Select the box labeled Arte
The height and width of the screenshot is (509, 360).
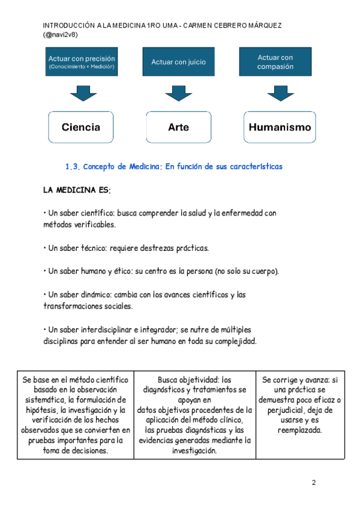coord(178,127)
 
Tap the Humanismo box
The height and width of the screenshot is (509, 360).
coord(280,127)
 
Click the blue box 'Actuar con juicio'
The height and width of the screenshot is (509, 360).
coord(178,62)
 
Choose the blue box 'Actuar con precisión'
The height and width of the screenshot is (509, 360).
coord(82,62)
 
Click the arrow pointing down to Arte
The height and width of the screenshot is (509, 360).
coord(178,93)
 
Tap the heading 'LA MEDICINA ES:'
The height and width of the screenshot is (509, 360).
coord(77,190)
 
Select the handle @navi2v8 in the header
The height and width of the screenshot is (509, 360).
coord(61,35)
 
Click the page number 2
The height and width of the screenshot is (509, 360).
coord(313,483)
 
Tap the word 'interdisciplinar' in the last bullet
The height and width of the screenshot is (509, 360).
coord(101,330)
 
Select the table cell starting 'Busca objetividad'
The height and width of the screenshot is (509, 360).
coord(194,415)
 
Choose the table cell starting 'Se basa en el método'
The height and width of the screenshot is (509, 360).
coord(76,415)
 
